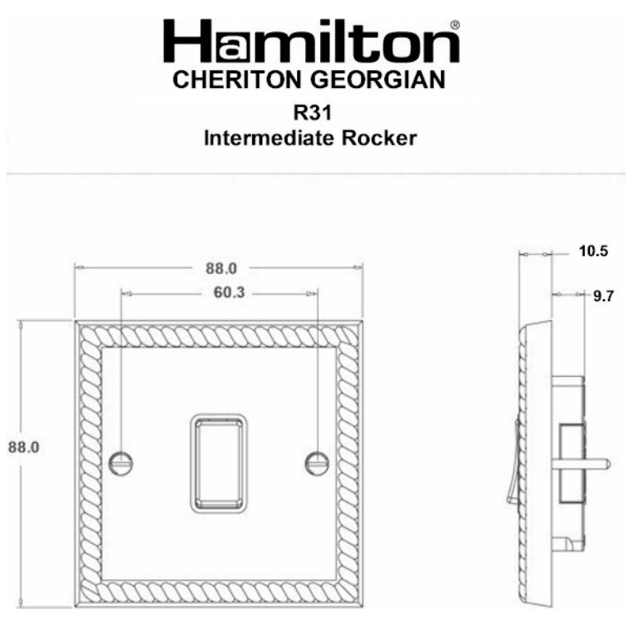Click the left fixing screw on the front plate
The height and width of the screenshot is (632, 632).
pos(121,462)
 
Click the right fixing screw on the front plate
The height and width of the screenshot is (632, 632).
pos(316,462)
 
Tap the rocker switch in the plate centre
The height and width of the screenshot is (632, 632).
pos(219,461)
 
